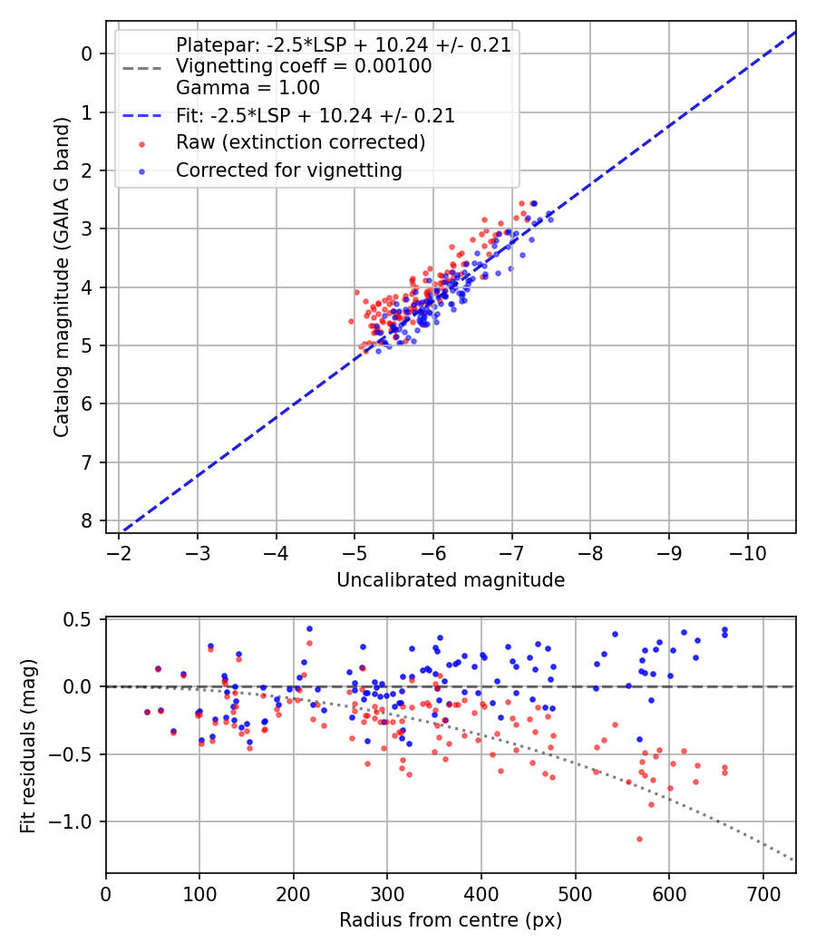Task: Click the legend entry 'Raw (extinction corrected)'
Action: (300, 142)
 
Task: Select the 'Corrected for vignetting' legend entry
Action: (288, 170)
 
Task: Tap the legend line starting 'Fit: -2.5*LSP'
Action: (316, 116)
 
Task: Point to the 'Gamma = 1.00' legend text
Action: (248, 88)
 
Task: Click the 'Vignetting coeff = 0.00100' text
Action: (304, 66)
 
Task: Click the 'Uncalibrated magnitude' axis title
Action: (451, 580)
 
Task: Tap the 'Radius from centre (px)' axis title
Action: (451, 920)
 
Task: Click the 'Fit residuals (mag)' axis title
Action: (29, 745)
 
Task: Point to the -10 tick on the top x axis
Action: (747, 552)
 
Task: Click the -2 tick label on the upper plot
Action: (119, 552)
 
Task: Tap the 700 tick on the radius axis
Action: (763, 893)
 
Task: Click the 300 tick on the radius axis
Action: (387, 893)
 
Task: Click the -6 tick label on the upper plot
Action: (433, 552)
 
